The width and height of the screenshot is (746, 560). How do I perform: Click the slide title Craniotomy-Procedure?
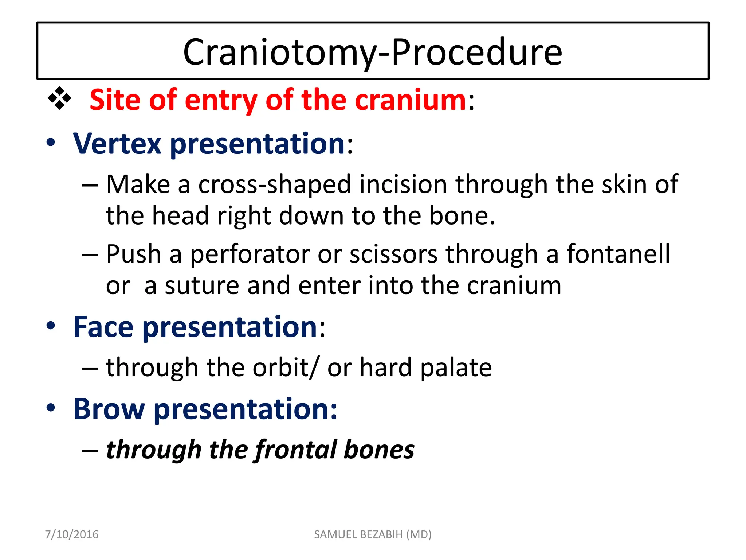coord(373,52)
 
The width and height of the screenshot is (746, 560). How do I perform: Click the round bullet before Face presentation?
coord(51,326)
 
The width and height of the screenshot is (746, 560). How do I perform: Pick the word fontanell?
coord(618,254)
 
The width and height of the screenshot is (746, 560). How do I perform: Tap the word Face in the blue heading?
coord(103,327)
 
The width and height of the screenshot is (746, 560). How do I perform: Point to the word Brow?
coord(109,409)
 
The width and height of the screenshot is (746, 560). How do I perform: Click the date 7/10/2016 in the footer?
coord(71,534)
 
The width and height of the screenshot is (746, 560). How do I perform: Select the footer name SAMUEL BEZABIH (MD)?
coord(373,534)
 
